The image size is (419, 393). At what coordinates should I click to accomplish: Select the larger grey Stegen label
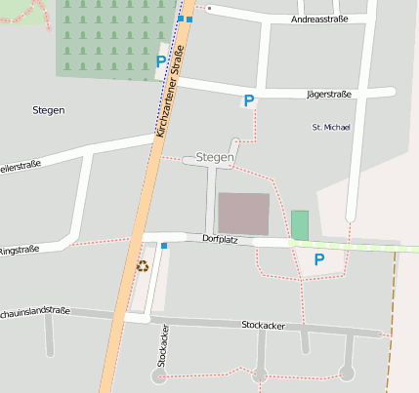215,157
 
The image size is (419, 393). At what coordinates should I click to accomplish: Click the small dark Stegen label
48,110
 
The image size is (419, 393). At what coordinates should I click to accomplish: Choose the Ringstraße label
19,250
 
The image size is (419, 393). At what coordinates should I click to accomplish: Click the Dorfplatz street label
221,238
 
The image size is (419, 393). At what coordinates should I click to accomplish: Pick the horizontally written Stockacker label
261,324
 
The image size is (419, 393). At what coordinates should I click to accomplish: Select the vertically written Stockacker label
163,346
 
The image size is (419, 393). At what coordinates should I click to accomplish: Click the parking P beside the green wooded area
161,61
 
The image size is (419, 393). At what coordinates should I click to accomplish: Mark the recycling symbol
143,265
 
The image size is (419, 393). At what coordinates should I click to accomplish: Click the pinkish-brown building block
242,214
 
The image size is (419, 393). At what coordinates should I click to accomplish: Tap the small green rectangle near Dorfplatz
299,224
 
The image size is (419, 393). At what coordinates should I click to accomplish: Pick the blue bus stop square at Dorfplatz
164,245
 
